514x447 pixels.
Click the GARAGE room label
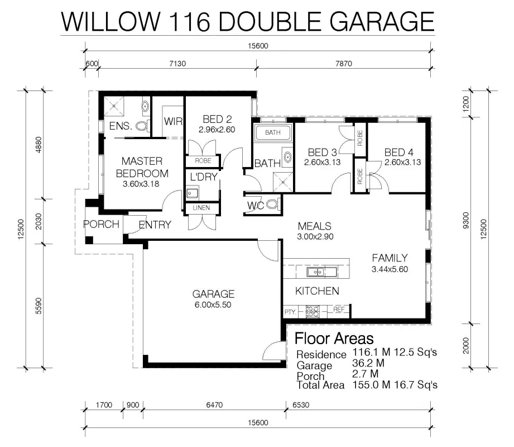[213, 294]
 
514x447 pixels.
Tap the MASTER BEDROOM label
[142, 167]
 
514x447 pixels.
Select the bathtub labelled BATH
[273, 132]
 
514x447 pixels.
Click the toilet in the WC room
[273, 205]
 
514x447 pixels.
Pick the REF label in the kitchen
[339, 309]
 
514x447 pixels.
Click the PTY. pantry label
[290, 312]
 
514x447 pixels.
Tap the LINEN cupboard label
[201, 208]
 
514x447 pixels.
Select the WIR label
[173, 121]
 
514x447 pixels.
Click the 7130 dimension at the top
[177, 63]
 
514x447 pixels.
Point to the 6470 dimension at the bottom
[214, 405]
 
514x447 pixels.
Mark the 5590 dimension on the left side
[39, 306]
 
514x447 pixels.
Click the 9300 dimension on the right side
[466, 221]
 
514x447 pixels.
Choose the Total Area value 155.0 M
[371, 384]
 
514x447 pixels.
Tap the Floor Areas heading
[334, 339]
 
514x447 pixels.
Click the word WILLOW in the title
[111, 21]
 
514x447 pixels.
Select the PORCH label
[101, 224]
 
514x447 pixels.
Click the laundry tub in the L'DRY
[193, 193]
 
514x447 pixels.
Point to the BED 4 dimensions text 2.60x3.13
[402, 162]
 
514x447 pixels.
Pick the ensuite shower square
[114, 106]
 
